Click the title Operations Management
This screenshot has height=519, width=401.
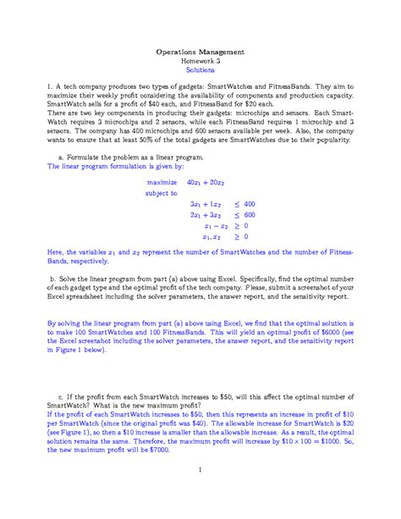[x=200, y=52]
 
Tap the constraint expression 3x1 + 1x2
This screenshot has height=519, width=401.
[x=206, y=204]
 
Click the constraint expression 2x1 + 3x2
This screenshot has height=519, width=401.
[x=206, y=215]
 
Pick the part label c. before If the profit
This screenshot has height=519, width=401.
[x=61, y=395]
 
